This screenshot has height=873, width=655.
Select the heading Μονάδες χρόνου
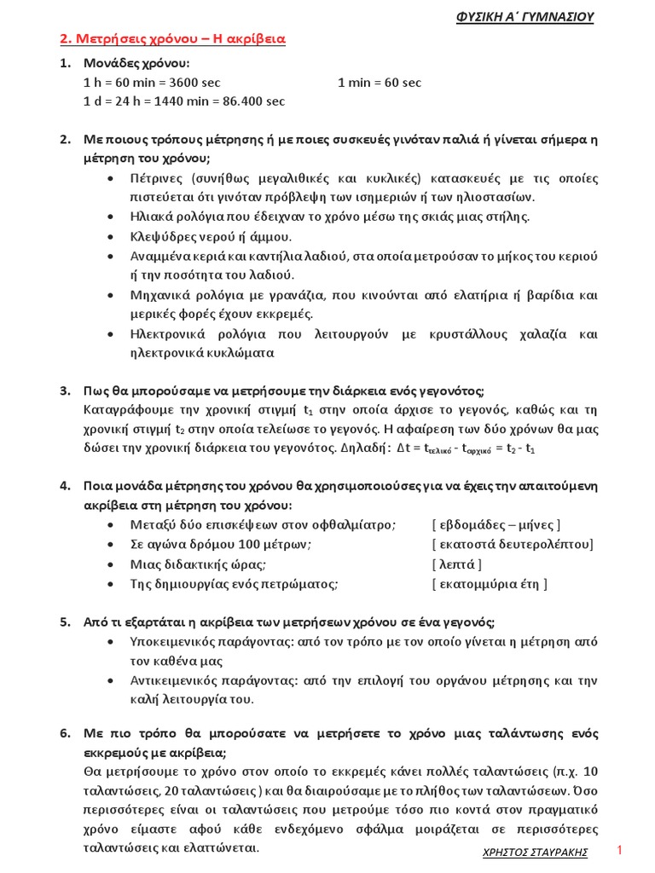click(137, 64)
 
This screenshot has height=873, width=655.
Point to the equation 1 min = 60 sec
click(380, 83)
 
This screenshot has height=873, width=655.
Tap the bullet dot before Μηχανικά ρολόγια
click(114, 295)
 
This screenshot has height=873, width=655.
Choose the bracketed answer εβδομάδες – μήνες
click(496, 524)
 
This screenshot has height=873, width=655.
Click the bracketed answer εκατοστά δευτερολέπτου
click(513, 544)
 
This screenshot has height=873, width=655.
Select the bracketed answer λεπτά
click(457, 564)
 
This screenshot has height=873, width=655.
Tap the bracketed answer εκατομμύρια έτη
click(489, 583)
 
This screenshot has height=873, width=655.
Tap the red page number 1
click(620, 851)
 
